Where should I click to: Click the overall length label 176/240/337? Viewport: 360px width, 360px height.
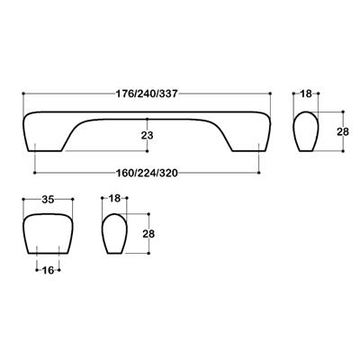(148, 93)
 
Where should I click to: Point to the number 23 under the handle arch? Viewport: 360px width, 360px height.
(148, 135)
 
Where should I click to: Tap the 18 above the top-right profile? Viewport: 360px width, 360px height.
(306, 94)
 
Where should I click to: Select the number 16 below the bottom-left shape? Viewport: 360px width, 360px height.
(47, 269)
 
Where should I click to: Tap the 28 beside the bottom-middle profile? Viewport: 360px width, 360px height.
(148, 234)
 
